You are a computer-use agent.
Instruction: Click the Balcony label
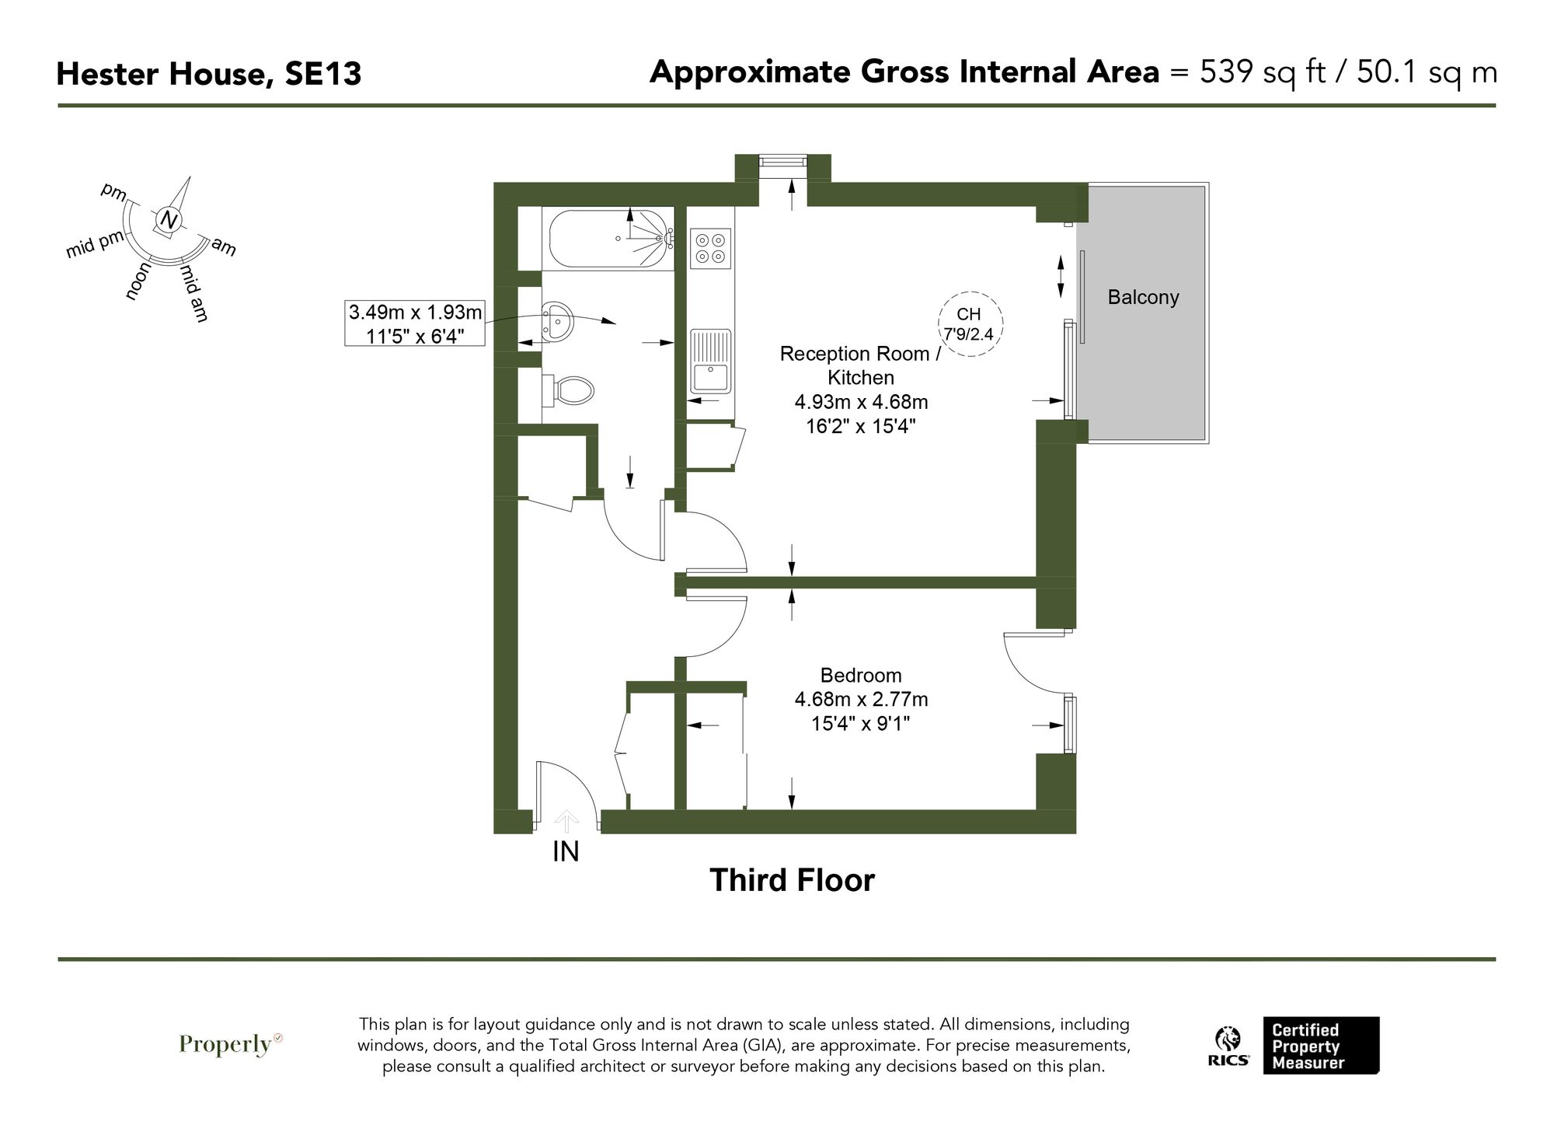coord(1143,297)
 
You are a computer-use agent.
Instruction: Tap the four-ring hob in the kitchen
coord(710,248)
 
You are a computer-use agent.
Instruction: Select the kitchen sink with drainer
coord(710,362)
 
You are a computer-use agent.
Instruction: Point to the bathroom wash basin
coord(557,320)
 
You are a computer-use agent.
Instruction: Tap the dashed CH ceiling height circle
coord(970,323)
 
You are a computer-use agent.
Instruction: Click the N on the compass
coord(169,220)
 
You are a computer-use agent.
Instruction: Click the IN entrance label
coord(566,852)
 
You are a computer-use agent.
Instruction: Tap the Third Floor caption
coord(792,880)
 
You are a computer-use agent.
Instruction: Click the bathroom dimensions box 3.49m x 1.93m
coord(415,323)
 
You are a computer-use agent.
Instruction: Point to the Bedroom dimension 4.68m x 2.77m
coord(861,700)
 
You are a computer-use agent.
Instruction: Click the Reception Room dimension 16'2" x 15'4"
coord(861,426)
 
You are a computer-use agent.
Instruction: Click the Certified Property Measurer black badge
coord(1320,1046)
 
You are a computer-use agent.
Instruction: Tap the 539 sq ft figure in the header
coord(1259,72)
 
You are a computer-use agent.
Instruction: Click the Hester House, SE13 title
coord(209,75)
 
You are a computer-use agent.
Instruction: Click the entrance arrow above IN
coord(566,821)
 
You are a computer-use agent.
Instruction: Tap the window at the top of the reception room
coord(782,162)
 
